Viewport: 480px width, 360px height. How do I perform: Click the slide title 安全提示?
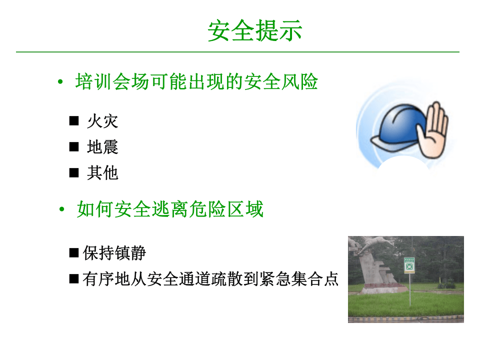(x=255, y=31)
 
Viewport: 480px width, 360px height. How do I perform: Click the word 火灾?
(x=102, y=121)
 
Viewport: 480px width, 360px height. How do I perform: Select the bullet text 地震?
(x=102, y=147)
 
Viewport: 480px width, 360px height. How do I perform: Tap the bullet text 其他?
(x=102, y=173)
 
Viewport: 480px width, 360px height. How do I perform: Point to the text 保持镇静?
(x=114, y=253)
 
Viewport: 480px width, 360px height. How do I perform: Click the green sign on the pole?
(x=409, y=265)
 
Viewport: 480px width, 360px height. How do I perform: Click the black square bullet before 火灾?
(x=74, y=121)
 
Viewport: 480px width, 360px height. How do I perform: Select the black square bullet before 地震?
(x=74, y=147)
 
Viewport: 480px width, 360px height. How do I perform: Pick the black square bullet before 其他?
(x=74, y=173)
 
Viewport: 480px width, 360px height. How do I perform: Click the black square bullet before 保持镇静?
(x=74, y=252)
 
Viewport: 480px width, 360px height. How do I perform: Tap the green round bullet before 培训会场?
(x=60, y=82)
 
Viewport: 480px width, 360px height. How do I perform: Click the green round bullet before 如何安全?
(x=61, y=210)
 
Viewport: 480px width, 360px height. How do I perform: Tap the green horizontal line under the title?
(x=237, y=51)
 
